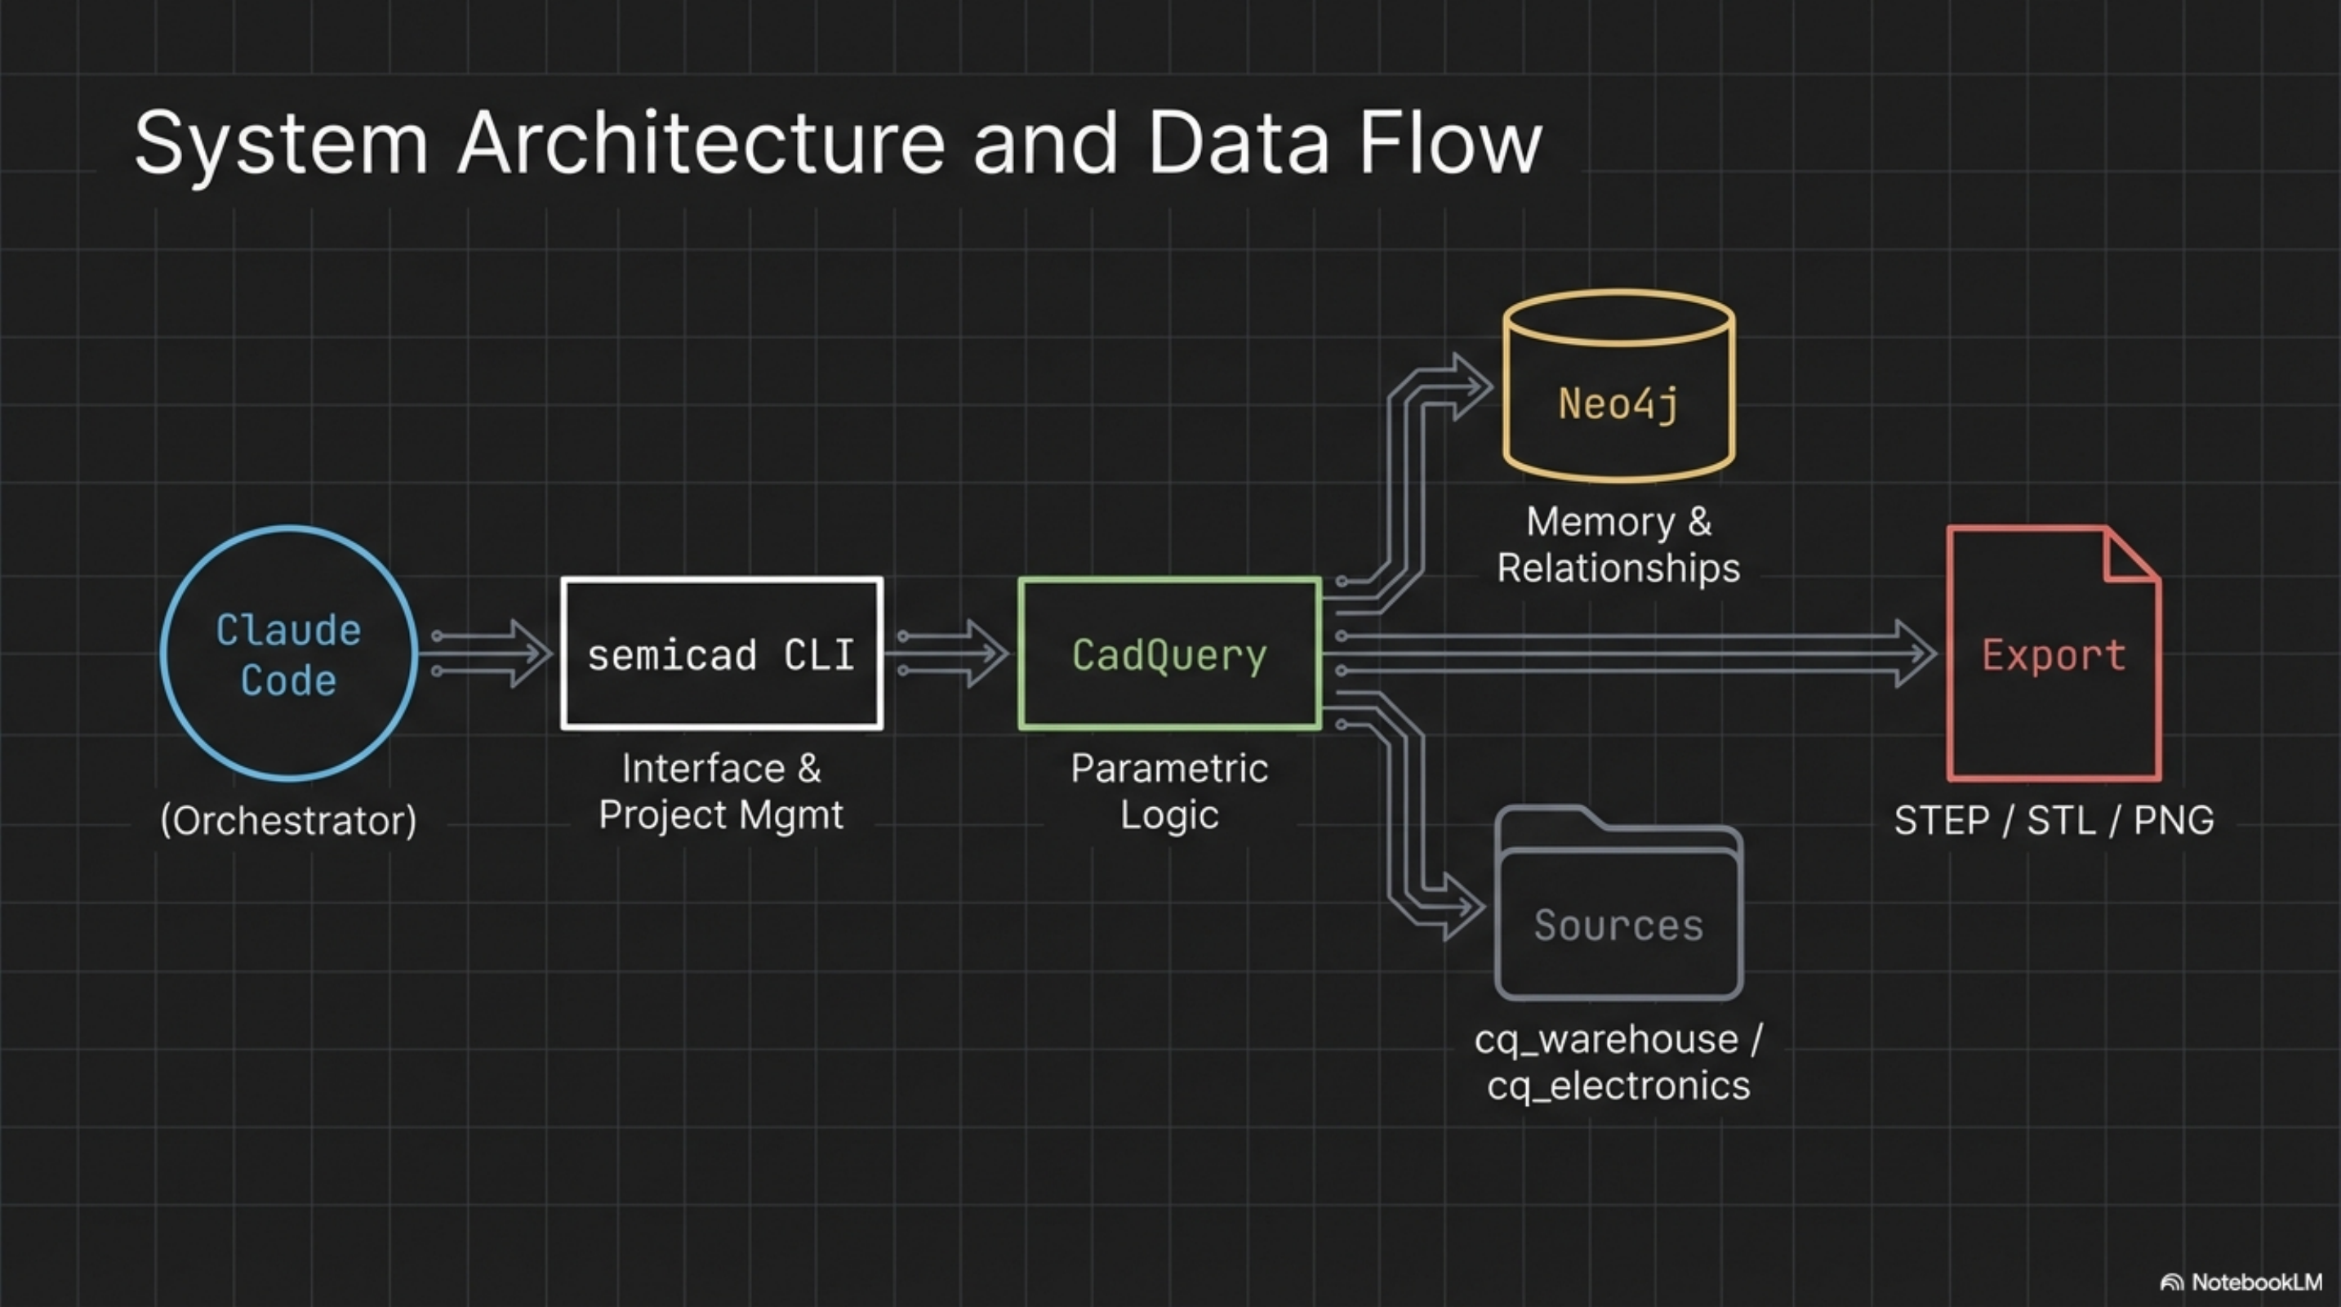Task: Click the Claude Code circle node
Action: [289, 653]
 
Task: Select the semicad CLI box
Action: [722, 653]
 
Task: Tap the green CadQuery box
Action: [1169, 653]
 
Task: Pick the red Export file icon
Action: [2053, 653]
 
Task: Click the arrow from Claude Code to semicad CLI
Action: [491, 653]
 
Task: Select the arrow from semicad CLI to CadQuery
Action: [950, 653]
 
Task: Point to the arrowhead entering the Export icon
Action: [1917, 653]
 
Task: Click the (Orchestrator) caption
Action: [289, 821]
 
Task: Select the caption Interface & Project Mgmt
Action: [722, 792]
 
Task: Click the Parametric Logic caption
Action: [1169, 792]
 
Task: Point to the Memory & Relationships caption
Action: [1618, 544]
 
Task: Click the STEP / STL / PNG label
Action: [2053, 821]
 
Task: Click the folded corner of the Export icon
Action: [2129, 556]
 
